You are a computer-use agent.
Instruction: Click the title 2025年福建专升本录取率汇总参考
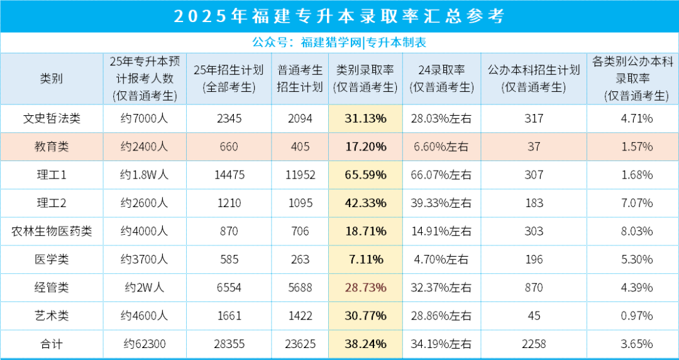(x=339, y=16)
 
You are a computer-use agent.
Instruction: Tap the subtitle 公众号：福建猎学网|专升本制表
(x=339, y=42)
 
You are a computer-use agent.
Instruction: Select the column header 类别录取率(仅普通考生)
(x=365, y=79)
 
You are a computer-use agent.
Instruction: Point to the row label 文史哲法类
(x=52, y=118)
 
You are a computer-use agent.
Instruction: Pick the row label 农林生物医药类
(x=52, y=232)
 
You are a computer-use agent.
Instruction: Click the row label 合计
(x=52, y=344)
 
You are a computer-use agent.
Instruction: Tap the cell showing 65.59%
(x=365, y=175)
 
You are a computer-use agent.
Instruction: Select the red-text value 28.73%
(x=365, y=288)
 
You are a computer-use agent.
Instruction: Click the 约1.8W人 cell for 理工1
(x=144, y=175)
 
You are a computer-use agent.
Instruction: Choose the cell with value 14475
(x=228, y=175)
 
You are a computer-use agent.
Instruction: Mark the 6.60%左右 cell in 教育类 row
(x=441, y=147)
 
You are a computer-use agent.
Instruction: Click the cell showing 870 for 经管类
(x=534, y=288)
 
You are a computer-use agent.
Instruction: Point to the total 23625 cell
(x=300, y=344)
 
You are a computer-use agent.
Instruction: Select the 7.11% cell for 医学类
(x=365, y=259)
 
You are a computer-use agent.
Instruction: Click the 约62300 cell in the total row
(x=144, y=344)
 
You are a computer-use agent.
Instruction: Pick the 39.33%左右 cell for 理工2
(x=441, y=203)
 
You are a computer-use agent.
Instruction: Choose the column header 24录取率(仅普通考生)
(x=441, y=79)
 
